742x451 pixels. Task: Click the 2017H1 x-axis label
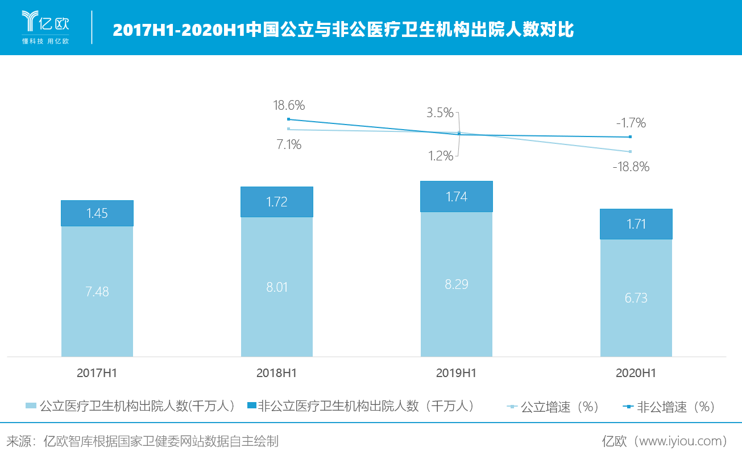pyautogui.click(x=97, y=373)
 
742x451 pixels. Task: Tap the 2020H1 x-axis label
pyautogui.click(x=636, y=373)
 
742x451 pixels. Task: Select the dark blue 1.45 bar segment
pyautogui.click(x=97, y=213)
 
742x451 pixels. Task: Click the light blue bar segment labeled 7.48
pyautogui.click(x=97, y=291)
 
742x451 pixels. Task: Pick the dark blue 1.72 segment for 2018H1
pyautogui.click(x=277, y=201)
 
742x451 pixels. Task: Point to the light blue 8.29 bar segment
pyautogui.click(x=457, y=284)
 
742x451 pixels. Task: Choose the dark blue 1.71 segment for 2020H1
pyautogui.click(x=636, y=224)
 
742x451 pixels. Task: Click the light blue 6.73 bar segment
pyautogui.click(x=636, y=297)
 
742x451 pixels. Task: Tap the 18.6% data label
pyautogui.click(x=289, y=105)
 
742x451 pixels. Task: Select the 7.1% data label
pyautogui.click(x=289, y=145)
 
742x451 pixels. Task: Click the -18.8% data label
pyautogui.click(x=631, y=167)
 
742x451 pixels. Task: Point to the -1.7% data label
pyautogui.click(x=631, y=123)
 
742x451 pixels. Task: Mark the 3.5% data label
pyautogui.click(x=440, y=113)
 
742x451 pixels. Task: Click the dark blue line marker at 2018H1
pyautogui.click(x=289, y=119)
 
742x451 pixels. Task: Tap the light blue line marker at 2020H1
pyautogui.click(x=630, y=151)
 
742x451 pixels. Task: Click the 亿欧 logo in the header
pyautogui.click(x=45, y=27)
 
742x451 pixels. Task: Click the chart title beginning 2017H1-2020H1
pyautogui.click(x=343, y=30)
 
